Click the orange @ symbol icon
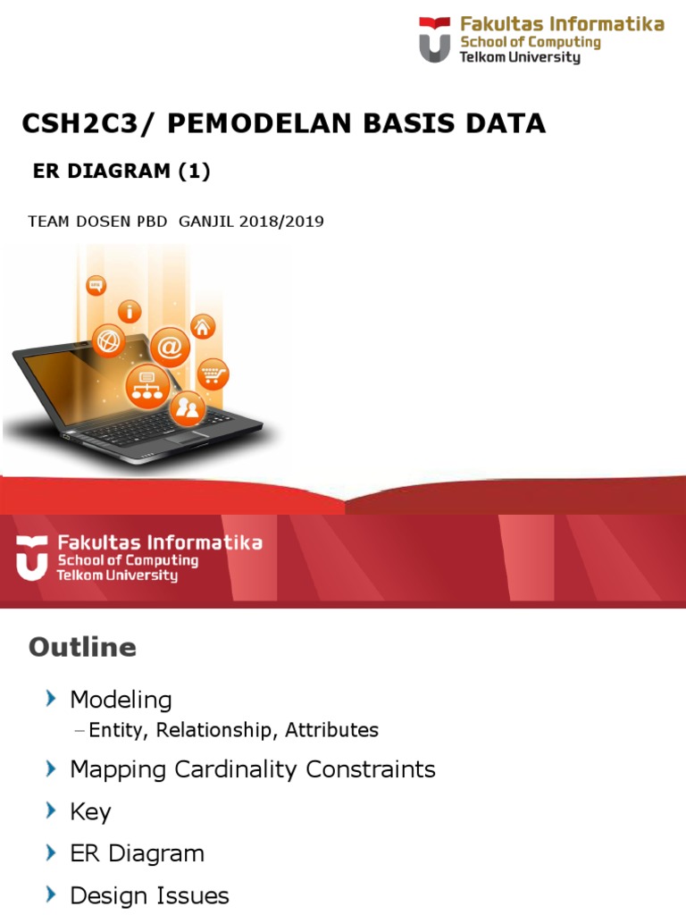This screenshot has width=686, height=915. [x=170, y=347]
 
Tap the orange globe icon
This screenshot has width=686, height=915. [x=109, y=340]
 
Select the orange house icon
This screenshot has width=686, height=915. [x=203, y=327]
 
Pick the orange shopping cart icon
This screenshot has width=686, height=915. [x=213, y=374]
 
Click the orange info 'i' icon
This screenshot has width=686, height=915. [x=130, y=312]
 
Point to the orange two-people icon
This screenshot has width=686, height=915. [x=188, y=408]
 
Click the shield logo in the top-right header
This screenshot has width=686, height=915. [x=435, y=39]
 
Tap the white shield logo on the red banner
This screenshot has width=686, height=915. [x=32, y=558]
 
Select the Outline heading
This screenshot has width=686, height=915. [x=82, y=647]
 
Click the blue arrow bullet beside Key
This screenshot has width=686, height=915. [x=50, y=810]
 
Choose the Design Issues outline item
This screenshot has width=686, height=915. [x=149, y=895]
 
